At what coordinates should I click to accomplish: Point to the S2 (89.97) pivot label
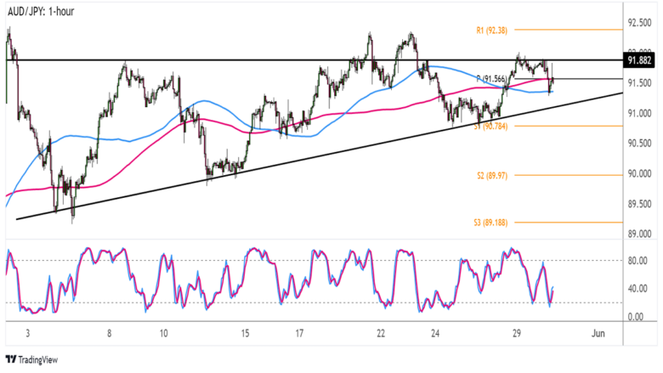click(492, 175)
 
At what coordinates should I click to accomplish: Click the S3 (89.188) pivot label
click(492, 223)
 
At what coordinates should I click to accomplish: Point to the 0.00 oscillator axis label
click(637, 317)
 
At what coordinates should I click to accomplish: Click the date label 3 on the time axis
click(28, 335)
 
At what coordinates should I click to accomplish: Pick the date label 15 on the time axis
click(245, 335)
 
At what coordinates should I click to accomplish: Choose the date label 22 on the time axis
click(381, 335)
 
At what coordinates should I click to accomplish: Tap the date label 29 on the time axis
click(516, 335)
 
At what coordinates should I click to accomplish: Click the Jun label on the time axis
click(598, 335)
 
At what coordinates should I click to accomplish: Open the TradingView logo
click(34, 359)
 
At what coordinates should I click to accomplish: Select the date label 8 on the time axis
click(110, 335)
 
